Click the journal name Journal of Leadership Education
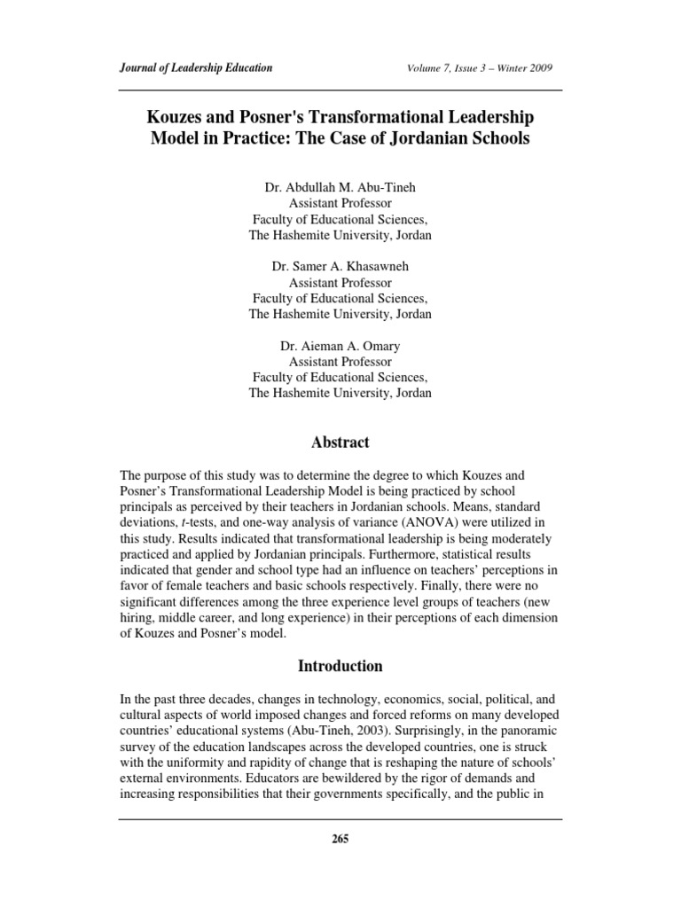tap(195, 68)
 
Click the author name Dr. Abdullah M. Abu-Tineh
tap(340, 188)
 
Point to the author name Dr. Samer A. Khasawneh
tap(340, 267)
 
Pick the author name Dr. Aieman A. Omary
tap(340, 346)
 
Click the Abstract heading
tap(340, 442)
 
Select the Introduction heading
tap(340, 666)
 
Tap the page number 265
tap(340, 841)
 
